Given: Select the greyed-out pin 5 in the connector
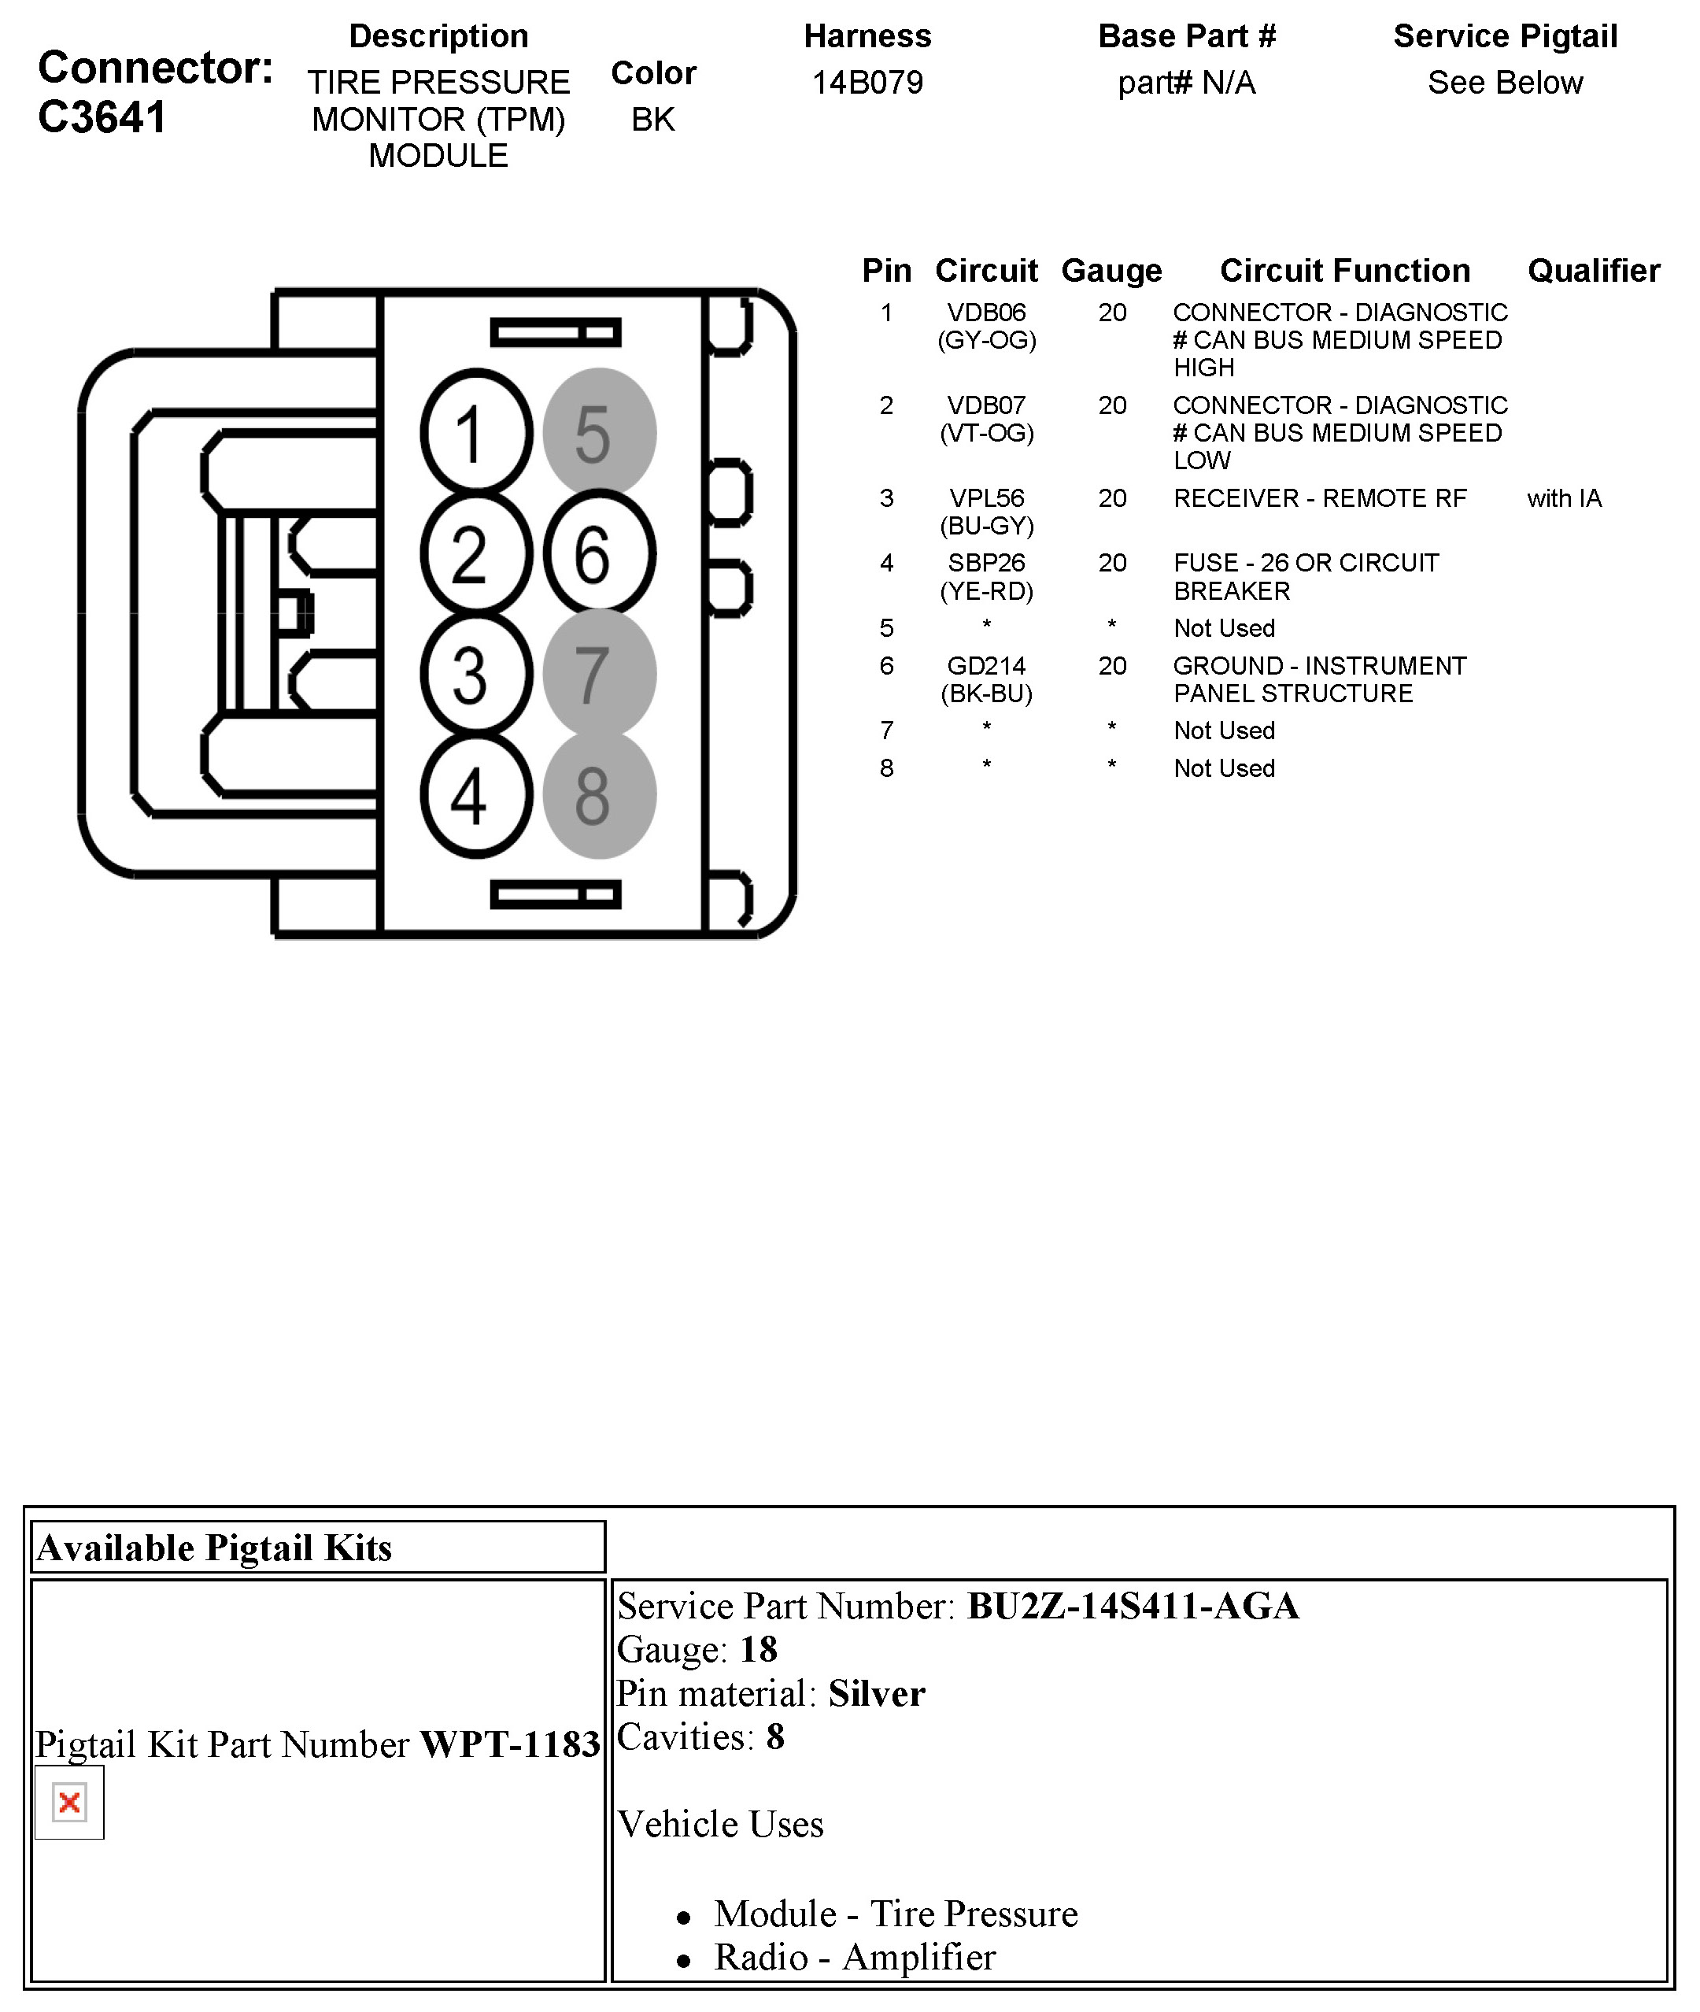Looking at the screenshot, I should click(598, 432).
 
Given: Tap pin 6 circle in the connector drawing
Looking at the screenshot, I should click(598, 553).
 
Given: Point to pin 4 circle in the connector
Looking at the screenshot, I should click(476, 795).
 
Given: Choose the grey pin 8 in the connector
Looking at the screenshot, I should click(598, 795).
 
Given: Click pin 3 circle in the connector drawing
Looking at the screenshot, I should click(476, 674).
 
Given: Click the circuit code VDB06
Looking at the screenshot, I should click(986, 313).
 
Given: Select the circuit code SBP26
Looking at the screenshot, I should click(986, 562).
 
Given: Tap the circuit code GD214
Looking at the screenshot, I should click(986, 665).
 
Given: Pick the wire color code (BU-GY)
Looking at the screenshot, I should click(986, 527).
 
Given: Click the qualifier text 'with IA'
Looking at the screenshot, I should click(1563, 498).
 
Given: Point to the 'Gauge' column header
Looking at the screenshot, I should click(1111, 271).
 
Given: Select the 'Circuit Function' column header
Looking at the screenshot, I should click(1344, 271).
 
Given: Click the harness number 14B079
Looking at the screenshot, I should click(867, 83).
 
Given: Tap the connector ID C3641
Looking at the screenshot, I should click(102, 117).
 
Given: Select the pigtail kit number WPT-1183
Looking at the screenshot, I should click(510, 1745).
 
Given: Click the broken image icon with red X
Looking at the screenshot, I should click(69, 1803).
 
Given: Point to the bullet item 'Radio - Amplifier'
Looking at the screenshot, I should click(854, 1958).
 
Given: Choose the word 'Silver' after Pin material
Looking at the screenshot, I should click(876, 1694).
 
